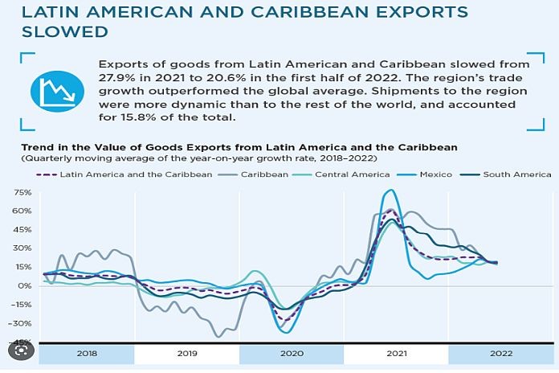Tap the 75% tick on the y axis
pos(22,193)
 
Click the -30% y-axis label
pos(22,323)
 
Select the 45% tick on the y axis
pos(22,230)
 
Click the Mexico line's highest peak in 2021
pos(390,191)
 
